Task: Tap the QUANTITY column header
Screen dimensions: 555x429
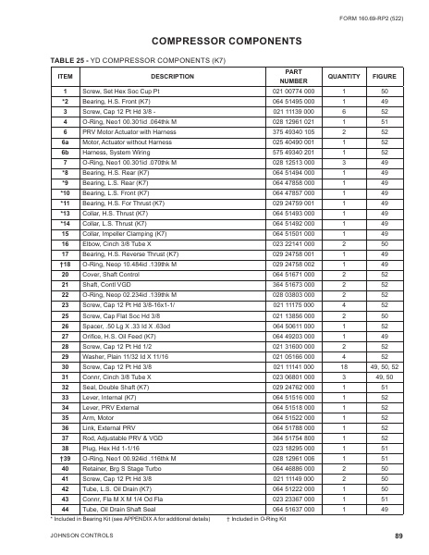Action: pos(344,76)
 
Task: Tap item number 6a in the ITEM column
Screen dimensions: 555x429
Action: pos(65,143)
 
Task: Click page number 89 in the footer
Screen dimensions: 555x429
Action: pos(398,536)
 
